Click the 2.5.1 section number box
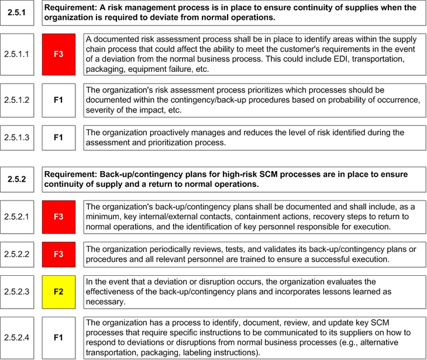[17, 13]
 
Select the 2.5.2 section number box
[17, 179]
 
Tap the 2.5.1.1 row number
[17, 54]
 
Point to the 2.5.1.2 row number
[17, 100]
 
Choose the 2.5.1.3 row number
[17, 137]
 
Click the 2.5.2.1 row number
[17, 217]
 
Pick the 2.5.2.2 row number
[17, 254]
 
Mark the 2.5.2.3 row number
[17, 292]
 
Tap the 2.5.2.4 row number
[17, 338]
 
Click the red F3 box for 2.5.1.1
[58, 54]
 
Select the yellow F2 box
[58, 292]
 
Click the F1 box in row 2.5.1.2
[58, 100]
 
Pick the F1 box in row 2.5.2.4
[58, 338]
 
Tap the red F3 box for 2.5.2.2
[58, 254]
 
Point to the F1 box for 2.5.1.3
[58, 137]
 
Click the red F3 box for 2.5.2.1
[58, 217]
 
